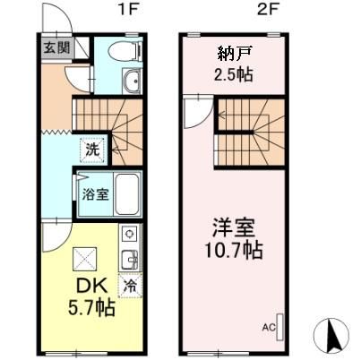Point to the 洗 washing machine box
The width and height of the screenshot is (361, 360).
(93, 150)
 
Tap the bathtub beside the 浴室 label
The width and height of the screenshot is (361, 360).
(126, 193)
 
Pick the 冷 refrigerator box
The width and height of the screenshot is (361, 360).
(131, 289)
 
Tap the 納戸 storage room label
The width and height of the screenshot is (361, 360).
(232, 52)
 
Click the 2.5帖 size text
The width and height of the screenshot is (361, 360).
(232, 73)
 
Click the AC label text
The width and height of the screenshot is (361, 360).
(268, 328)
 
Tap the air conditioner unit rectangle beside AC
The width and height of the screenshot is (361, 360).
(279, 326)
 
